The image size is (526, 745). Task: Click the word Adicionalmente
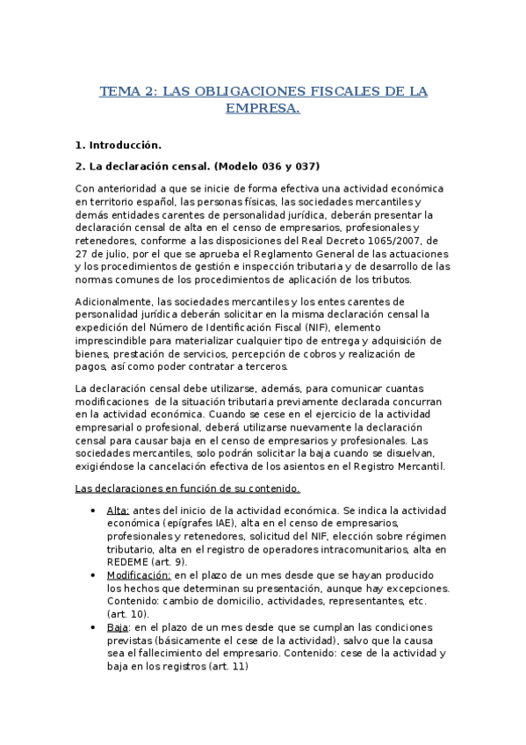click(116, 302)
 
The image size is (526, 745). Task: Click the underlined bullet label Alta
click(118, 510)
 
